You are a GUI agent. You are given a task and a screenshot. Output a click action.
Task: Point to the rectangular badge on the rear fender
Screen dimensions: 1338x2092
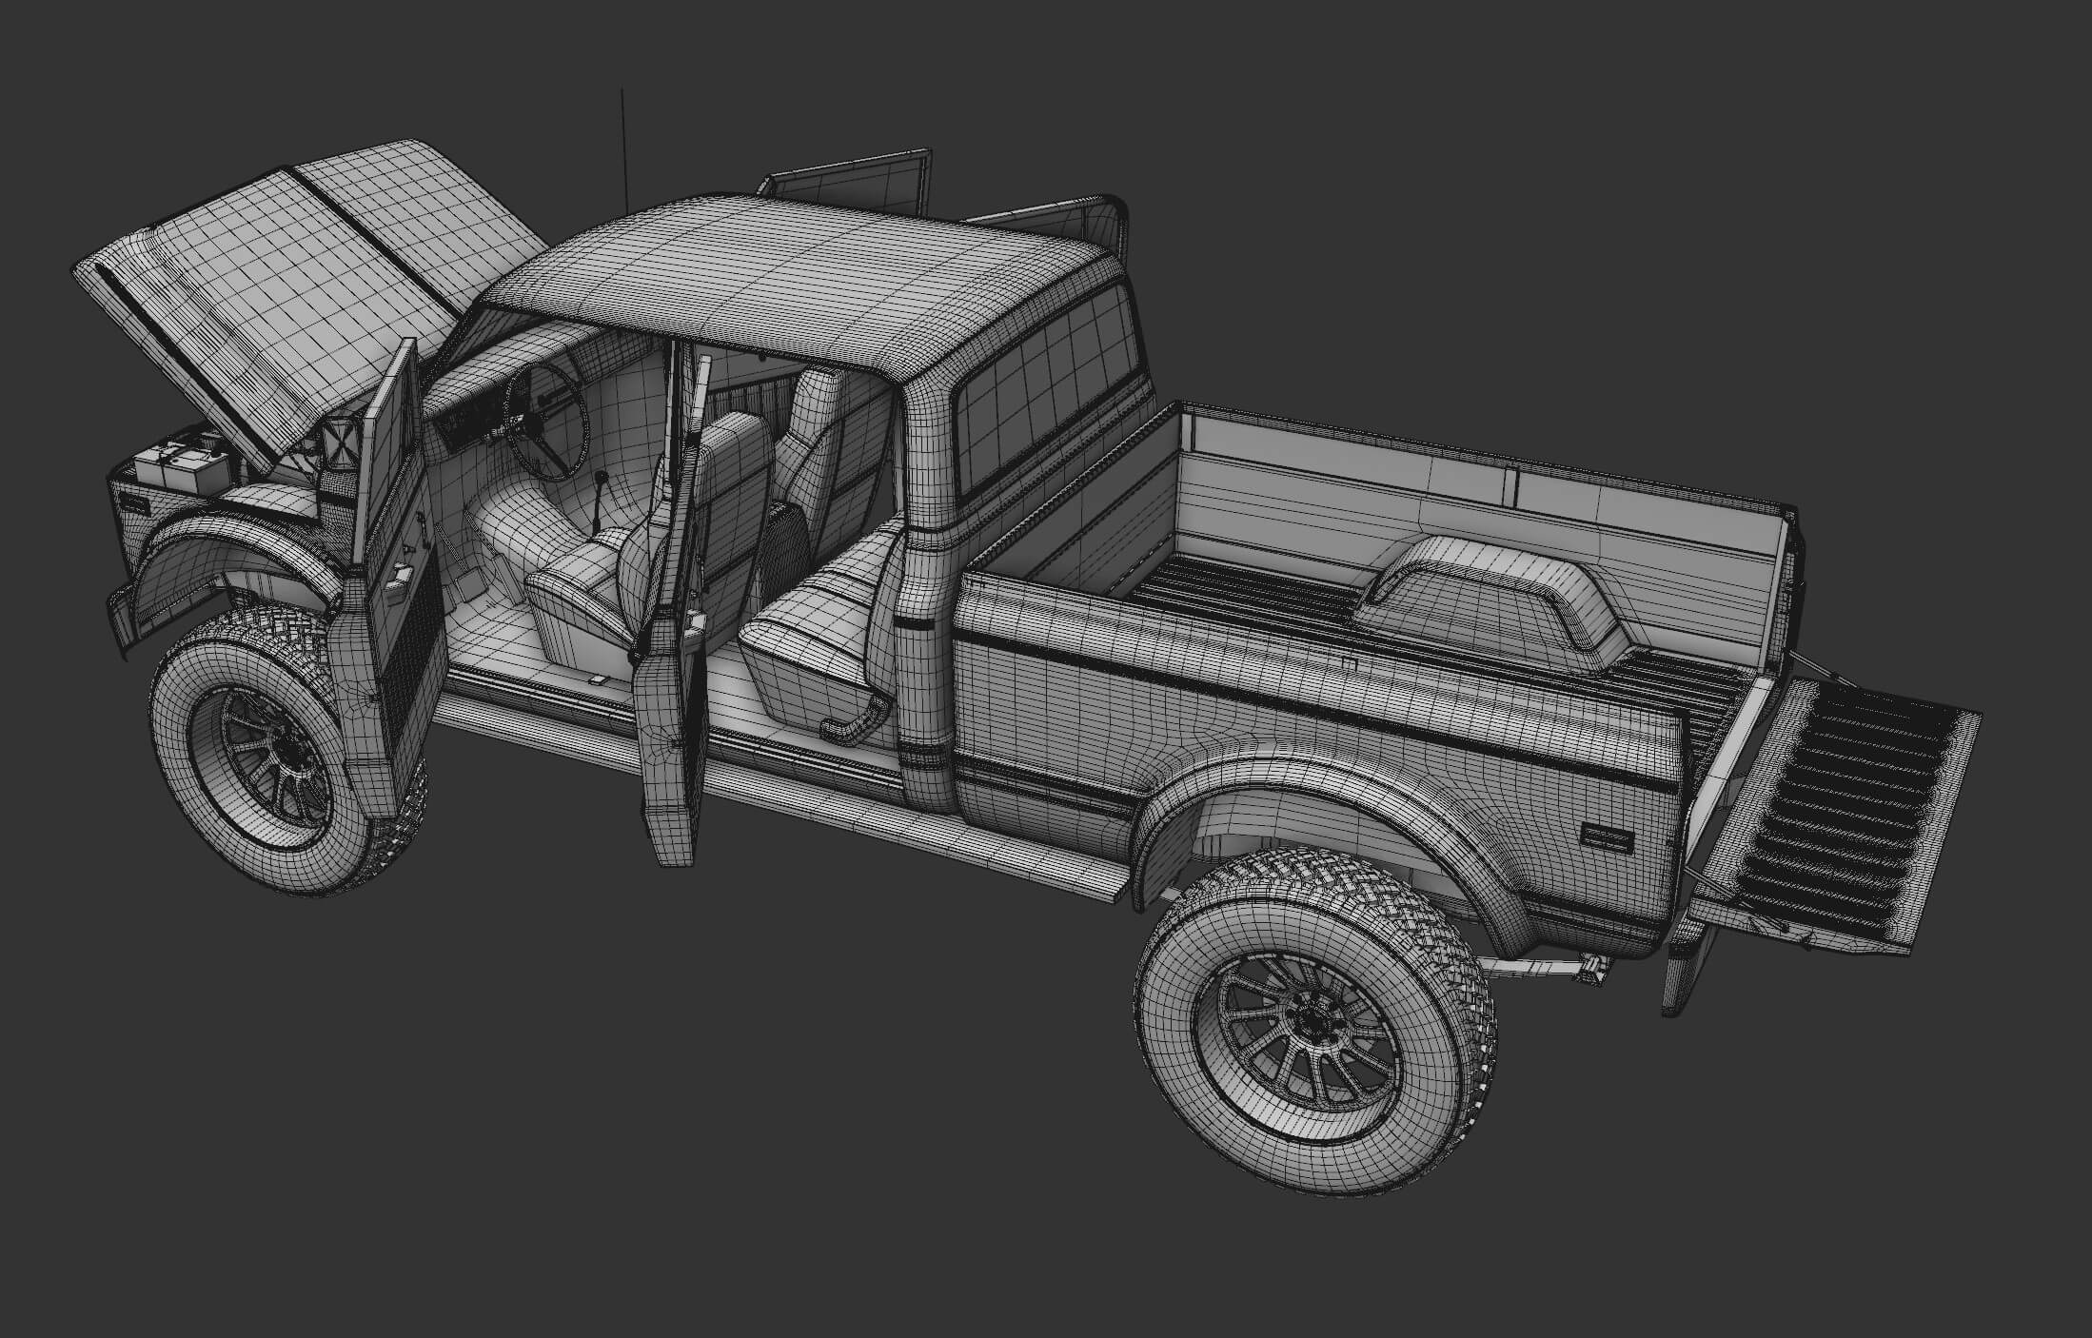[x=1607, y=836]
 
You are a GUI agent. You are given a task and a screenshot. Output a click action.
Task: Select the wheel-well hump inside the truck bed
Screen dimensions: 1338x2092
[x=1494, y=595]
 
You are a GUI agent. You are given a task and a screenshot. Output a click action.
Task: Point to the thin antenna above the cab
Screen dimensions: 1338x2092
[x=623, y=143]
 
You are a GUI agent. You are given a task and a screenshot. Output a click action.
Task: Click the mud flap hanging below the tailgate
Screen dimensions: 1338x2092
[x=1681, y=971]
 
